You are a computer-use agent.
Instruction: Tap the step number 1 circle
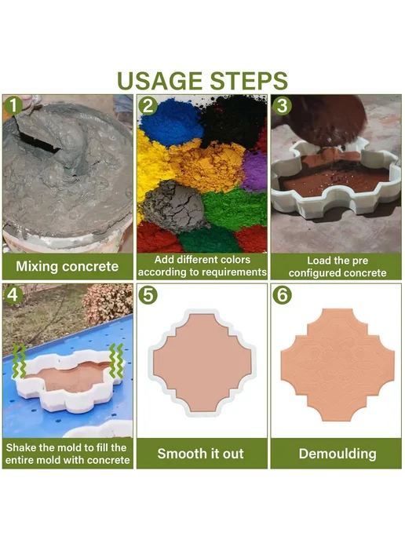13,105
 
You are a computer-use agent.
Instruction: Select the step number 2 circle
148,105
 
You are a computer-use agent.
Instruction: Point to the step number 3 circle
282,105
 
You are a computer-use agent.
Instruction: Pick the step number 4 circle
13,294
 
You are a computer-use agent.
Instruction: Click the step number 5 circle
148,295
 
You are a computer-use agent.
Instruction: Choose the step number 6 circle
282,295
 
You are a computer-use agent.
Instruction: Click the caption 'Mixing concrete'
67,267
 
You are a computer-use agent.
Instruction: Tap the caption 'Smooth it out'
200,454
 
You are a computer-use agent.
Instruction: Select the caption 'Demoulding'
337,454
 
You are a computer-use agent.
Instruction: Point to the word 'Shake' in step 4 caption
21,447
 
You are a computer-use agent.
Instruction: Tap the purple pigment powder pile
255,171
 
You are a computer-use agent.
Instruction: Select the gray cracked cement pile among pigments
174,206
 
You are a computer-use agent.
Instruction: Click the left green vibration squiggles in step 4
19,361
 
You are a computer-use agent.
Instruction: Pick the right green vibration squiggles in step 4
116,361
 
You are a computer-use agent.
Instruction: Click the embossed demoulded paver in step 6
337,365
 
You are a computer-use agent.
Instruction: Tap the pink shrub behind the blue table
108,304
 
